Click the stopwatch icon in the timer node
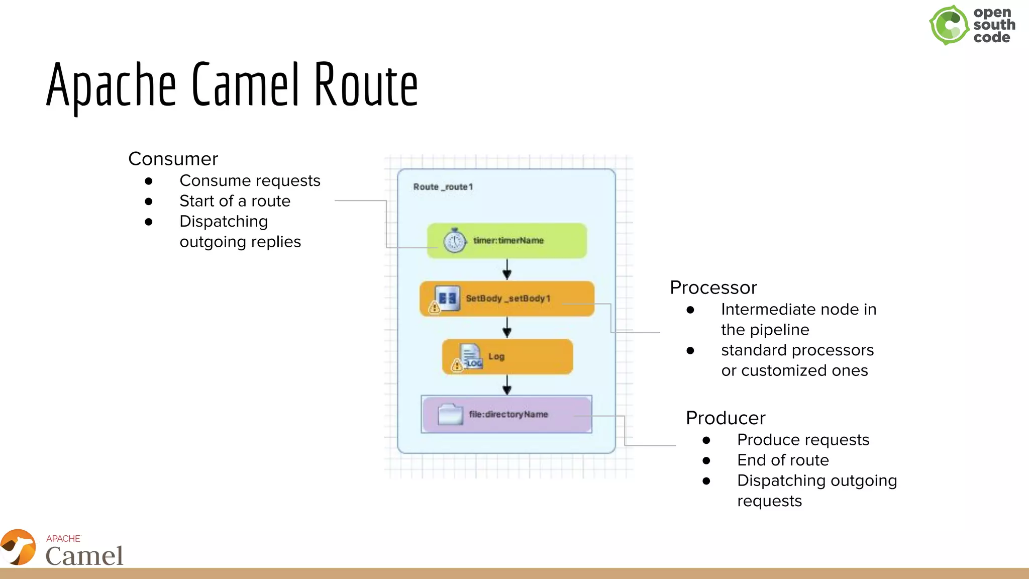455,241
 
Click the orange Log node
523,356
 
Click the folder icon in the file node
450,414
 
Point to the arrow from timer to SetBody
507,270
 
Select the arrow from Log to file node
507,385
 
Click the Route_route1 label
443,187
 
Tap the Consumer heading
173,159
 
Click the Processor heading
713,287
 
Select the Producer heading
725,418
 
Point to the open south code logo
971,25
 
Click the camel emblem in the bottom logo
19,547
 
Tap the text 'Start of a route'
235,201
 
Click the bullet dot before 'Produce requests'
706,440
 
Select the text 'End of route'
782,460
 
